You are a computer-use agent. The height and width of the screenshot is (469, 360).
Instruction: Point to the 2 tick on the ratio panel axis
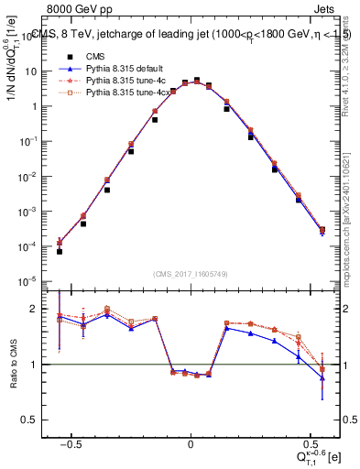point(41,309)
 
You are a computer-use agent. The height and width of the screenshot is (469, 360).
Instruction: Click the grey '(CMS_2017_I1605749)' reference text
point(191,273)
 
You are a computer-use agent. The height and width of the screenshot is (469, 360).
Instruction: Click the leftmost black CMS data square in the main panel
point(60,251)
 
